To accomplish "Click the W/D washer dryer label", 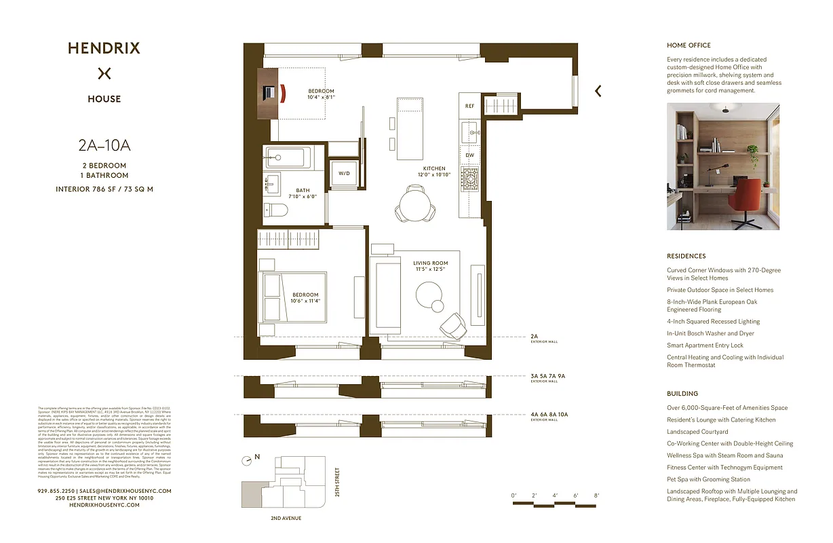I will (345, 173).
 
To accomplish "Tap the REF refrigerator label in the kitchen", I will (469, 106).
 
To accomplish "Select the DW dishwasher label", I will (469, 155).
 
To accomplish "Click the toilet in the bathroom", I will (276, 211).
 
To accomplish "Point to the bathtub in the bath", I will (288, 157).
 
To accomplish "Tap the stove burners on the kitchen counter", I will (469, 179).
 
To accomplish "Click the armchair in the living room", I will (452, 326).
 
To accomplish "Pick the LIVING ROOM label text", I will (430, 263).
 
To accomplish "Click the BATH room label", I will (303, 191).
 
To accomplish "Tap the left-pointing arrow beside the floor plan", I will (598, 91).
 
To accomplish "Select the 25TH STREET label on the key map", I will (337, 481).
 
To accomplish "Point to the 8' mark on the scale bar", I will (596, 496).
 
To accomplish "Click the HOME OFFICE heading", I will (689, 45).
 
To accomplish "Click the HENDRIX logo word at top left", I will (104, 48).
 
